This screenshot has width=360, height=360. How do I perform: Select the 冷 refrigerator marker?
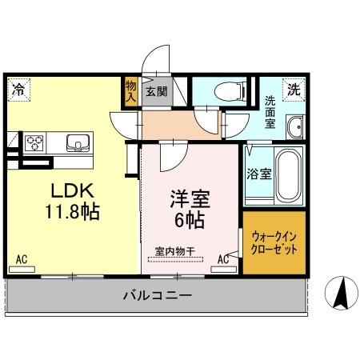[17, 90]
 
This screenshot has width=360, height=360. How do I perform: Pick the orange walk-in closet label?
[274, 243]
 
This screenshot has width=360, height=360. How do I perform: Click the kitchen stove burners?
[36, 143]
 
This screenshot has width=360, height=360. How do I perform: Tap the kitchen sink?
[78, 143]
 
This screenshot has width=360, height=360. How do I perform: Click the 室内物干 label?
[174, 250]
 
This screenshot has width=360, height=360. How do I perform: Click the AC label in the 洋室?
[223, 258]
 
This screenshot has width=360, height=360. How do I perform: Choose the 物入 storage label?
[132, 90]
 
